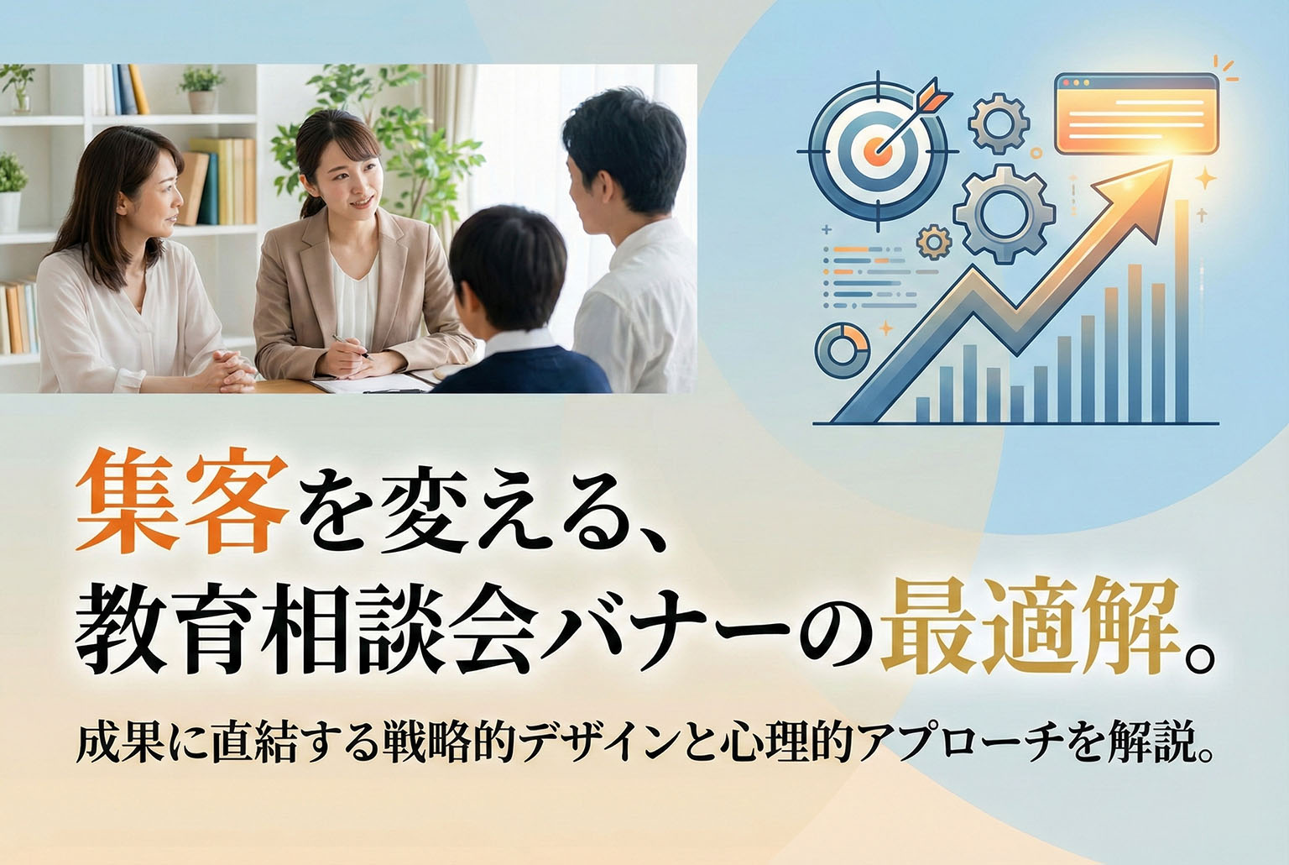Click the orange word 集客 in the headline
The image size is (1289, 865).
(x=177, y=510)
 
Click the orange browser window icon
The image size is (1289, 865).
(x=1136, y=114)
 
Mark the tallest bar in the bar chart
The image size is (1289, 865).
(x=1182, y=311)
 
